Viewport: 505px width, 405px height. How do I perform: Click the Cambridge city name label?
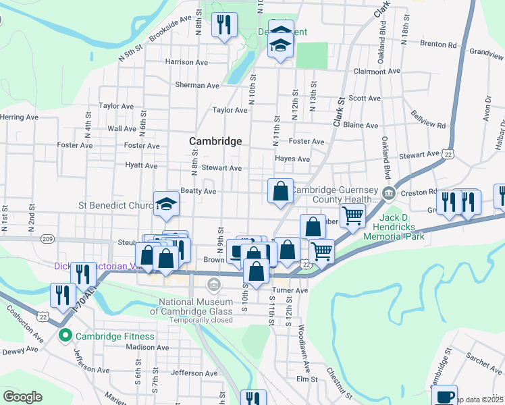tap(215, 141)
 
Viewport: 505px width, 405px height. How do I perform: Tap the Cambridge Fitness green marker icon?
tap(65, 336)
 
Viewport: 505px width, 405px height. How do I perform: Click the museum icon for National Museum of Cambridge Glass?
tap(215, 285)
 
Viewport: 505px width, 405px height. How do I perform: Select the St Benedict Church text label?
tap(117, 205)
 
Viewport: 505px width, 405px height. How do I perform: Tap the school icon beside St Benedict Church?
tap(165, 203)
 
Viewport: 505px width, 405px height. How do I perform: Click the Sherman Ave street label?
tap(197, 86)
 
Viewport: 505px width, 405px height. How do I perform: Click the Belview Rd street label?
tap(427, 119)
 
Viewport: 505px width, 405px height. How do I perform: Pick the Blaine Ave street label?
tap(361, 125)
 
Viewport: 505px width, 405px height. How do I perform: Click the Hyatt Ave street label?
tap(140, 165)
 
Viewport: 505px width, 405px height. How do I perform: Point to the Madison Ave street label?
tap(146, 347)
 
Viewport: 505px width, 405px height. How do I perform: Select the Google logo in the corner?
tap(22, 397)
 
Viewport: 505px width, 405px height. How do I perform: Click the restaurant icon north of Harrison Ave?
tap(223, 25)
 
